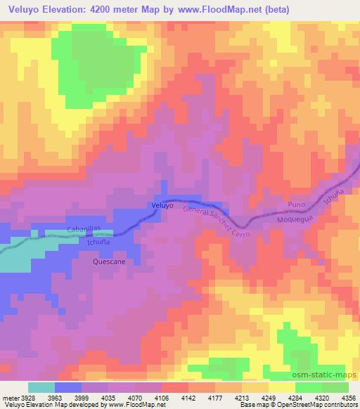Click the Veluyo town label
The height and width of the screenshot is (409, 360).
point(162,205)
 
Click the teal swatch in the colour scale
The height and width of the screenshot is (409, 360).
point(41,387)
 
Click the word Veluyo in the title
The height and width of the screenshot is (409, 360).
point(27,10)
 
